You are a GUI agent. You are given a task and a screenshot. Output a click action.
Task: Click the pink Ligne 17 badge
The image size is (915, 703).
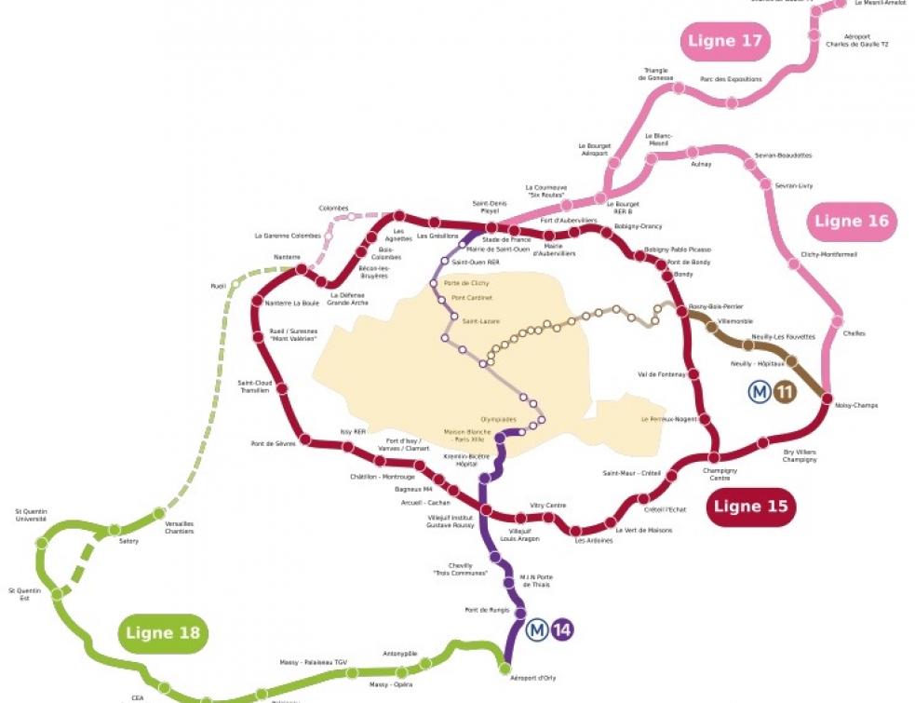(726, 41)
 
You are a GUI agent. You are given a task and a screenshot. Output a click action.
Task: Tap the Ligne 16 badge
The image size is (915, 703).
(853, 222)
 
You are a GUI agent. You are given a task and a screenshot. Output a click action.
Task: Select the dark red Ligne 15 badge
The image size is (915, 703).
(751, 507)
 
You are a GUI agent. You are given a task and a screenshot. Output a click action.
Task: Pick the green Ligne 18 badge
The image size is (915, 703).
(163, 633)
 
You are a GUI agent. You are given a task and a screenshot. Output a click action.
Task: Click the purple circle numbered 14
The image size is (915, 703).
(561, 630)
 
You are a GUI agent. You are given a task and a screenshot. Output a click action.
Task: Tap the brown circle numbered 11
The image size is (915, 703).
(785, 393)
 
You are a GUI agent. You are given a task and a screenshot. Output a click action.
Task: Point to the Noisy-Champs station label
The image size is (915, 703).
(856, 405)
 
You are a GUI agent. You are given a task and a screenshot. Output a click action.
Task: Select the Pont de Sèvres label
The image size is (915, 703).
(269, 443)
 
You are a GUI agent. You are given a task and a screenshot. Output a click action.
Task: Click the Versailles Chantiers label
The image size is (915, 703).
(180, 527)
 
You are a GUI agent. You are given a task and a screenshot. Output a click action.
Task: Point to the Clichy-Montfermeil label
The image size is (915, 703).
(828, 254)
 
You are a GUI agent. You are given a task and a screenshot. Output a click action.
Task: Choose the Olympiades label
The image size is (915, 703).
(498, 419)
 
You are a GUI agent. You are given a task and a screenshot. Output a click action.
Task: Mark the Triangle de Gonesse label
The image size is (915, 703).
(655, 74)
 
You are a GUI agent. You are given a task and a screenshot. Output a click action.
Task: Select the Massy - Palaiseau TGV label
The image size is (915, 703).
(314, 662)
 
